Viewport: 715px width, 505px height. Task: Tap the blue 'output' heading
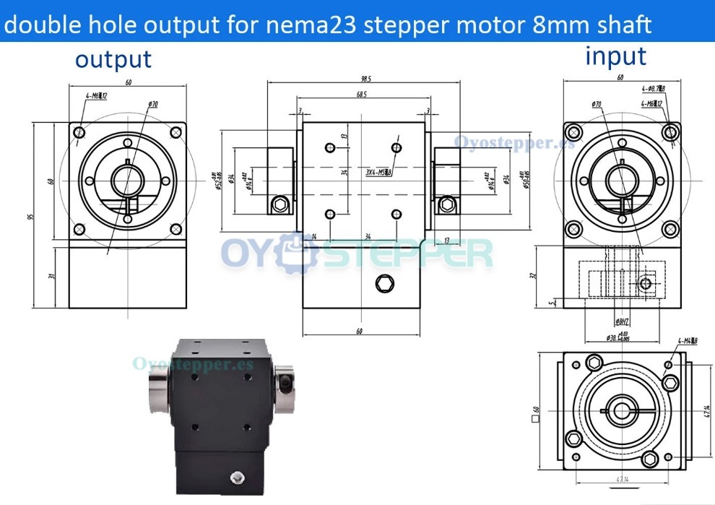[x=113, y=59]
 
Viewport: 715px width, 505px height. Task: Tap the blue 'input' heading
[x=615, y=55]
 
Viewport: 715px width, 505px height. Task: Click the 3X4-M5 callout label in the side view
[x=378, y=173]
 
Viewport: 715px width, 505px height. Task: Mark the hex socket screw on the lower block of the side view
[x=383, y=283]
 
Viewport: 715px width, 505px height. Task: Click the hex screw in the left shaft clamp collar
[x=279, y=206]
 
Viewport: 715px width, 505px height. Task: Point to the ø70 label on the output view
[x=152, y=105]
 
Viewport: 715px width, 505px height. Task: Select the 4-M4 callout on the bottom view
[x=688, y=341]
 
